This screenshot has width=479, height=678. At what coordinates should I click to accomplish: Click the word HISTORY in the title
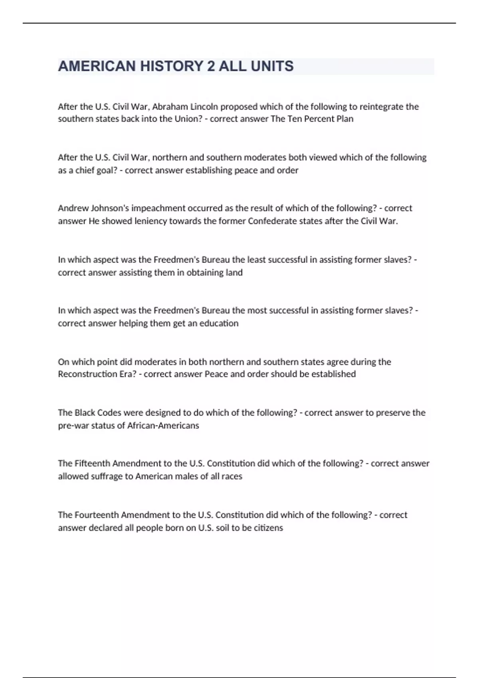click(171, 66)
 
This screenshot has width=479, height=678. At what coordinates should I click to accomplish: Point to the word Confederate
click(273, 221)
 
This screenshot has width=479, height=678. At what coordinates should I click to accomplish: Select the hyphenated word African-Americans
click(163, 426)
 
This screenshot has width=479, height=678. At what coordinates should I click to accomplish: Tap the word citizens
click(268, 528)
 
